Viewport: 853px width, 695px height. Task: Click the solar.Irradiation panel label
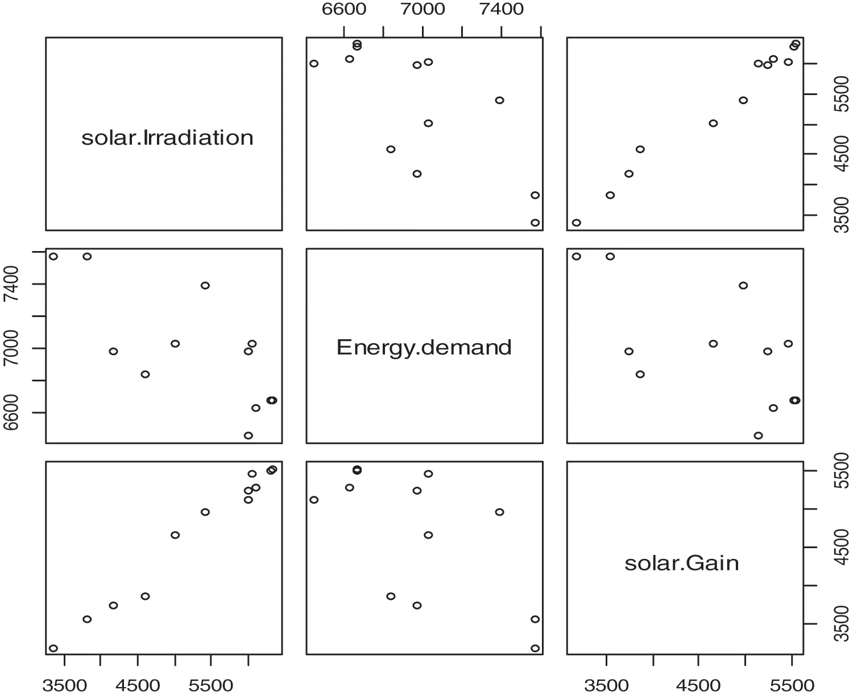click(167, 138)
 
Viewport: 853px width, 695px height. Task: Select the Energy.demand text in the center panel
click(424, 347)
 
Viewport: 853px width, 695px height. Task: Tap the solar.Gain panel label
click(681, 563)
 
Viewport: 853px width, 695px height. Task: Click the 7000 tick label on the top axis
click(422, 10)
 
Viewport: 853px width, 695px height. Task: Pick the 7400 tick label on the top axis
click(501, 10)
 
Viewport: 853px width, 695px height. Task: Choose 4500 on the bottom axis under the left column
click(137, 685)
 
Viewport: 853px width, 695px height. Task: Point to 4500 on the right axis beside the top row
click(841, 154)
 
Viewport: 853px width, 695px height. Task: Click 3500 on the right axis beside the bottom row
click(841, 624)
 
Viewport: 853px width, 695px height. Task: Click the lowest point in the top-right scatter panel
click(576, 223)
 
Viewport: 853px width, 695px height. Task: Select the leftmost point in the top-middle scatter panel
click(314, 63)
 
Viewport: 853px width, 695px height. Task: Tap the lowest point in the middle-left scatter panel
click(248, 435)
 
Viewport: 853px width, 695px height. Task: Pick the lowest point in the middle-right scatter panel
click(758, 435)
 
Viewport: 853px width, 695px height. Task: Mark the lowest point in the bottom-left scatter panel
click(53, 648)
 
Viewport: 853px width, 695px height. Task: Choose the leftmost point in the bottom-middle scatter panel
click(314, 500)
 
